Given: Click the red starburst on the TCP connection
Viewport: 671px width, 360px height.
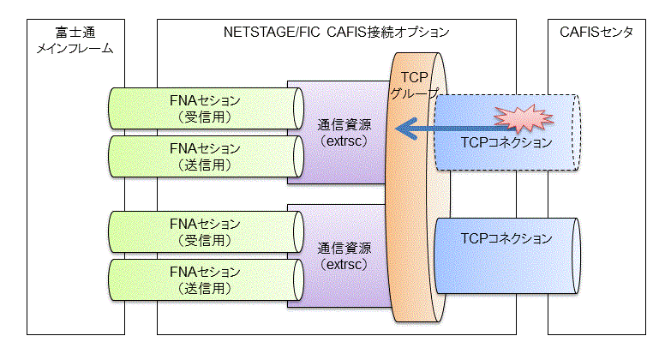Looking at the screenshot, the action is tap(524, 118).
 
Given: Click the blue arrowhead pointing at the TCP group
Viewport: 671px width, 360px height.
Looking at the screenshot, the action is tap(406, 129).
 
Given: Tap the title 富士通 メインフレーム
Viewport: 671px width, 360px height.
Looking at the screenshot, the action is tap(75, 40).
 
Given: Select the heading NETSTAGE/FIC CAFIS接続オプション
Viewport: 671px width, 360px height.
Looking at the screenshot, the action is tap(336, 32).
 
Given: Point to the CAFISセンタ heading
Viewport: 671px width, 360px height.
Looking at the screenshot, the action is tap(596, 32).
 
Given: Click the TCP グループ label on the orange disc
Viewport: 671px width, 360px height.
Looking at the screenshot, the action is tap(414, 85).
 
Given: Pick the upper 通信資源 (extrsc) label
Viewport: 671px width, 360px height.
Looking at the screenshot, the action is tap(344, 133).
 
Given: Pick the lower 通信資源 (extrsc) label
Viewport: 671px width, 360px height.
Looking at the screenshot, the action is tap(344, 256).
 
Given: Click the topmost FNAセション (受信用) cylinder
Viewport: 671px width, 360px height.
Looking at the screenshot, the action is tap(206, 108).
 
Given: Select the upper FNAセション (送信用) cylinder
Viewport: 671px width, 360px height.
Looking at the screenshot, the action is tap(206, 156).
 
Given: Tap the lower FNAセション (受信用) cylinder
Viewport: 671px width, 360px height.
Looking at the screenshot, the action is tap(206, 231).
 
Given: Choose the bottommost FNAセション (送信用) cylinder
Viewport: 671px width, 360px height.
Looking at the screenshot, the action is tap(206, 279).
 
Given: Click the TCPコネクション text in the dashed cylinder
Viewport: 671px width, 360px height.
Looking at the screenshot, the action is tap(506, 142).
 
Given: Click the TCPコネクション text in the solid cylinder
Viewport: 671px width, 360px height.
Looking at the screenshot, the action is tap(506, 238).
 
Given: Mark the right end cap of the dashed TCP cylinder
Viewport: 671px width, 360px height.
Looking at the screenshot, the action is tap(576, 133).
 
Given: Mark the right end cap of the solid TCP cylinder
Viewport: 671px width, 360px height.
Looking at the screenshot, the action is tap(576, 256).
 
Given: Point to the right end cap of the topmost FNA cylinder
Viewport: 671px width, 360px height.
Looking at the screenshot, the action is tap(298, 108).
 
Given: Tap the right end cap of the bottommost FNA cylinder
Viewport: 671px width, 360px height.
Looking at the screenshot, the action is tap(298, 279).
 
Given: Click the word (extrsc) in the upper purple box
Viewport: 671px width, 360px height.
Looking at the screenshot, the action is tap(344, 141).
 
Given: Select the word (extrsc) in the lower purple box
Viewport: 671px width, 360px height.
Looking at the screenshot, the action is tap(344, 264).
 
